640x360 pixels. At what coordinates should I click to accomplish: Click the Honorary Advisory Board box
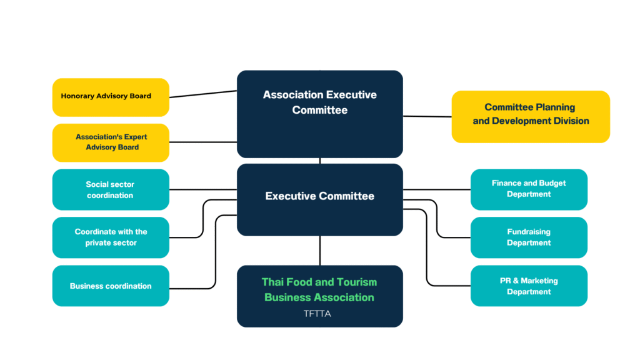(111, 97)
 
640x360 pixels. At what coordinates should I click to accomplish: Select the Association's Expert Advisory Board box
(111, 142)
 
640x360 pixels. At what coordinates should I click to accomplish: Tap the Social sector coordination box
(111, 189)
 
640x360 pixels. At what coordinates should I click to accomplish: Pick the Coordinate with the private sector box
(111, 237)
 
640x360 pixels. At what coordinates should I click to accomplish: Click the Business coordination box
(111, 286)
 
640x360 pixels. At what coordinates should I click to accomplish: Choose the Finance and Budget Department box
(529, 189)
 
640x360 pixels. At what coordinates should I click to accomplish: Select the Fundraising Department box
(529, 237)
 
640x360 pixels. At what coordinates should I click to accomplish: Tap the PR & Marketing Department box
(529, 286)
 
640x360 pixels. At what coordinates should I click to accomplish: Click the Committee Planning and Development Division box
(531, 116)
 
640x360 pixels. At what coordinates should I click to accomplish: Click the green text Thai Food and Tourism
(319, 282)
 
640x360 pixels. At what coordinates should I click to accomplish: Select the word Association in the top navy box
(291, 95)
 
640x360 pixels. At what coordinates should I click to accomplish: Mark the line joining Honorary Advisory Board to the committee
(202, 94)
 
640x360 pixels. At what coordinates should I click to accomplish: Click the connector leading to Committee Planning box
(427, 116)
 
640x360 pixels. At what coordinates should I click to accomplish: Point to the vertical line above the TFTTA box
(320, 250)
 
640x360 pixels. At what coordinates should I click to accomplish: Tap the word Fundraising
(529, 232)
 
